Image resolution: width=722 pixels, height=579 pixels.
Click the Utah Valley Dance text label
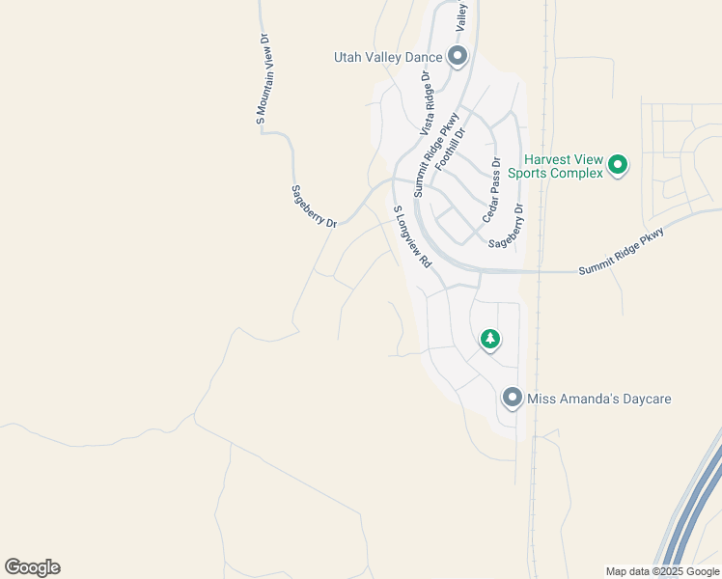click(387, 57)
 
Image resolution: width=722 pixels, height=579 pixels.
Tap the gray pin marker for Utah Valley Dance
click(458, 57)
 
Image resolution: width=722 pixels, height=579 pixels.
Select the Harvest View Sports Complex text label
click(564, 166)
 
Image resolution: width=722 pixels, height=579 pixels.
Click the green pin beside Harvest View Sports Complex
click(618, 165)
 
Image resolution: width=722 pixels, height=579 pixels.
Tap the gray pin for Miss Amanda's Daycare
click(513, 398)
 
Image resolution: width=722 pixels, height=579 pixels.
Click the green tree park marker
click(490, 339)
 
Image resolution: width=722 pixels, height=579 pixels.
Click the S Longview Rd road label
click(412, 236)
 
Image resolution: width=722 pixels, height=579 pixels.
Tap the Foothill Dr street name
click(451, 149)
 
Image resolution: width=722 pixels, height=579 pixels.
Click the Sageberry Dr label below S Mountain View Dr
click(314, 207)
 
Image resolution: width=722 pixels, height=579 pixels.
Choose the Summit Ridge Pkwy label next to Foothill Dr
click(435, 155)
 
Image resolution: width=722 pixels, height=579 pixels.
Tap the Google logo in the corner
click(32, 567)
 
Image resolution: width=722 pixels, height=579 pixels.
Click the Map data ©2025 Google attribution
click(662, 571)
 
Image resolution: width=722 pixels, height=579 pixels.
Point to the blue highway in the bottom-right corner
click(690, 512)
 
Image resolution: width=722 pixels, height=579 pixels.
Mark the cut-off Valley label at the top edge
click(462, 13)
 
